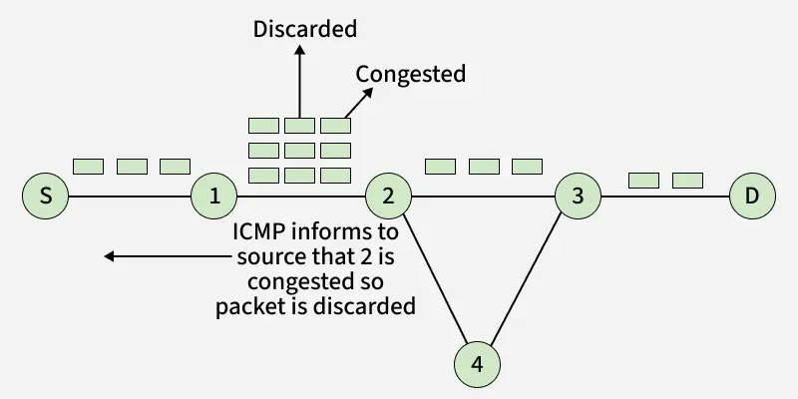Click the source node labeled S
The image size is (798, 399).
point(46,197)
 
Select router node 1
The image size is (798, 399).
point(214,197)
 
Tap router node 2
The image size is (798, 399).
point(388,197)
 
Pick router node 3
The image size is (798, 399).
point(578,197)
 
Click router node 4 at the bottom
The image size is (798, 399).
point(477,364)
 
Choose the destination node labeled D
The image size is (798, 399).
point(752,197)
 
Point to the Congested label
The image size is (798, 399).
point(411,75)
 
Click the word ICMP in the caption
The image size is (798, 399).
point(262,232)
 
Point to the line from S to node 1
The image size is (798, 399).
point(130,197)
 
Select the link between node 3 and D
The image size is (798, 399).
point(664,197)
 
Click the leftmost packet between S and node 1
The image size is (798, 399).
point(89,167)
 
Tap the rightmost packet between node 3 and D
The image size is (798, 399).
point(687,181)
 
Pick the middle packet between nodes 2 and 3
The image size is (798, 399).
point(484,166)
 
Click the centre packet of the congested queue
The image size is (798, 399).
point(299,151)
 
